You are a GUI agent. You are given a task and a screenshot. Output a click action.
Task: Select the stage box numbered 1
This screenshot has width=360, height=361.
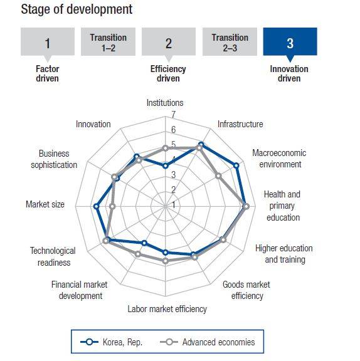tap(47, 43)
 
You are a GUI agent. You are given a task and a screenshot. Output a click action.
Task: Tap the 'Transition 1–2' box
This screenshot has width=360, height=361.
tap(108, 41)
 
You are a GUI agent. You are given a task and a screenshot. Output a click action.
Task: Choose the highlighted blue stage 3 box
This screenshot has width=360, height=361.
tap(290, 43)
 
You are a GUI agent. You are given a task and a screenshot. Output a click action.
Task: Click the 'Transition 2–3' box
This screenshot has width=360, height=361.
tap(229, 41)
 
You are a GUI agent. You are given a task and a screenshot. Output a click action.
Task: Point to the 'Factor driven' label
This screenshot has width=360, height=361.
tap(47, 74)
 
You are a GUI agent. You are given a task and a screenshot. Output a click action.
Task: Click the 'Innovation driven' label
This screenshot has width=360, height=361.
tap(289, 74)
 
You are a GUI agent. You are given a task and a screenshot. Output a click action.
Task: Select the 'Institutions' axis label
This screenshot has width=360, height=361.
tap(165, 102)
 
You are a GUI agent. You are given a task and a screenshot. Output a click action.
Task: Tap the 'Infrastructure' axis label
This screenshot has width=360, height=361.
tap(240, 124)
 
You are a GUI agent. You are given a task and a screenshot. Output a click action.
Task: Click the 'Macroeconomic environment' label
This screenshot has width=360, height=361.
tap(277, 159)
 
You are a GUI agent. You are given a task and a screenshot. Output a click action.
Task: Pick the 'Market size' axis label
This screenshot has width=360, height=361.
tap(45, 204)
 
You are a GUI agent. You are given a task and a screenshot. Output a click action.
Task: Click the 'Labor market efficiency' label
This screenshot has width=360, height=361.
tap(167, 308)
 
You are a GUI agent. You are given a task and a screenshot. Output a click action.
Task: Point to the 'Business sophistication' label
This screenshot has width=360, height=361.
tap(54, 159)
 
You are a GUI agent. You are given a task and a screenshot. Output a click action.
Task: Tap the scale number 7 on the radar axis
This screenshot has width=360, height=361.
tap(174, 115)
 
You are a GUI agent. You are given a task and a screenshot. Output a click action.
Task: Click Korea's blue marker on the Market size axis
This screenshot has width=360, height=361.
tap(96, 206)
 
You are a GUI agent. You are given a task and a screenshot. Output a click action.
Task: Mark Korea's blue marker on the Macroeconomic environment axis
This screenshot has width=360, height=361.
tap(236, 165)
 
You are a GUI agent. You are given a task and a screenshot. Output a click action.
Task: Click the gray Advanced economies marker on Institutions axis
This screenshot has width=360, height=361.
tap(165, 148)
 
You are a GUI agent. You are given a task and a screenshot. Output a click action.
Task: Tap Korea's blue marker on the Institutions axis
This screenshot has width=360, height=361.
tap(165, 165)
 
